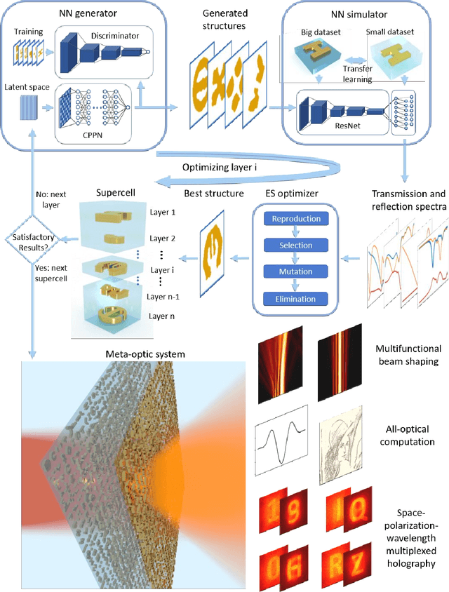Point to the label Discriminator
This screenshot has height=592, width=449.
coord(114,36)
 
